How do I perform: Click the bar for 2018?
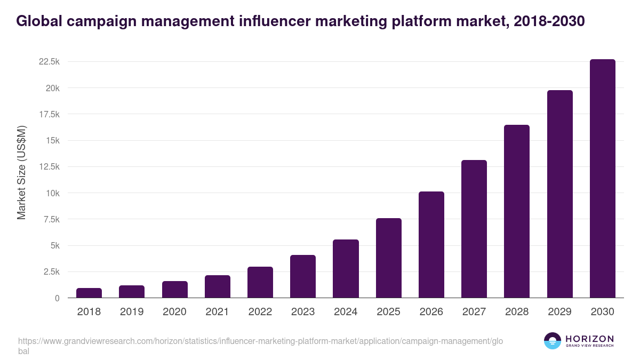(89, 293)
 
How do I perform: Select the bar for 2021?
(218, 286)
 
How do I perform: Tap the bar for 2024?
(346, 269)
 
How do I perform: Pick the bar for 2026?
(431, 245)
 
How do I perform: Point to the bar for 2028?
(517, 211)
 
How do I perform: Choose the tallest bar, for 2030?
(602, 179)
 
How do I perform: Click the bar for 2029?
(559, 194)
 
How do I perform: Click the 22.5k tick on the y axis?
(49, 62)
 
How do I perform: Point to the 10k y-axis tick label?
(52, 193)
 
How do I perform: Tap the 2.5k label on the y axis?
(51, 272)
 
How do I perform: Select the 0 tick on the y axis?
(57, 298)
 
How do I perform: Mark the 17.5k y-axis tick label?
(49, 114)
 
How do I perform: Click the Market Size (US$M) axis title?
(21, 172)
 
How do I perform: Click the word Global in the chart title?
(41, 21)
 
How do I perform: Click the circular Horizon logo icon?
(553, 341)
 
